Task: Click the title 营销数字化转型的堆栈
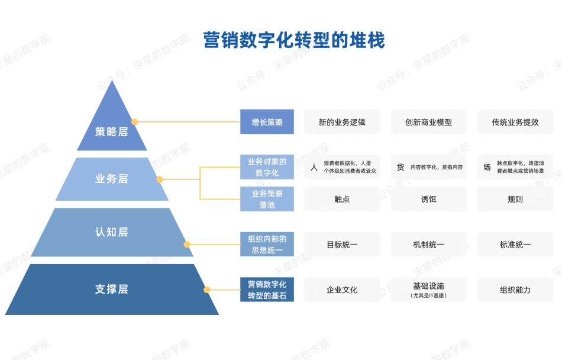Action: [294, 40]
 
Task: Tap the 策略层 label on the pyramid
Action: [111, 132]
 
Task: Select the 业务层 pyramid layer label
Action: [111, 179]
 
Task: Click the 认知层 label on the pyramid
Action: [111, 232]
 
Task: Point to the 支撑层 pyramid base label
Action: [111, 289]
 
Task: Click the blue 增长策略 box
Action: [267, 122]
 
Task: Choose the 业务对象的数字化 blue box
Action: [267, 167]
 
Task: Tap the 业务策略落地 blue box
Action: [267, 199]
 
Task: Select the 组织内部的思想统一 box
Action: [267, 244]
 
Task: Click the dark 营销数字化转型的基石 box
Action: [267, 290]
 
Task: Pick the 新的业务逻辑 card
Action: [342, 122]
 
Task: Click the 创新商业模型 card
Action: [428, 122]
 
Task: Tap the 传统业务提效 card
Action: [515, 122]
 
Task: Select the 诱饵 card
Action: [428, 199]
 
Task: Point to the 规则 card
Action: [515, 199]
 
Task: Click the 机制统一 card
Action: [428, 244]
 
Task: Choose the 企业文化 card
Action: [342, 290]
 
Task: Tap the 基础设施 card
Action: [428, 290]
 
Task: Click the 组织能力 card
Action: [515, 290]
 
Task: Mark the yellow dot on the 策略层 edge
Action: [134, 122]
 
